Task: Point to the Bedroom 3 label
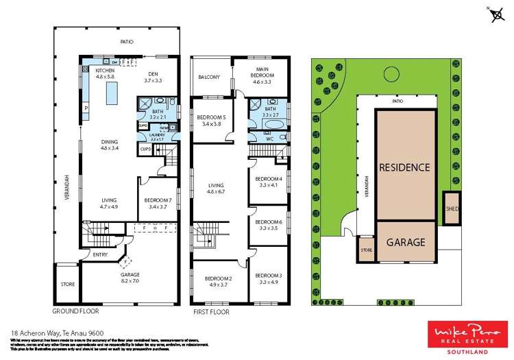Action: pos(268,278)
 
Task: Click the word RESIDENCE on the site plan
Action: pos(405,167)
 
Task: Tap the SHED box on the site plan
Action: pos(452,208)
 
